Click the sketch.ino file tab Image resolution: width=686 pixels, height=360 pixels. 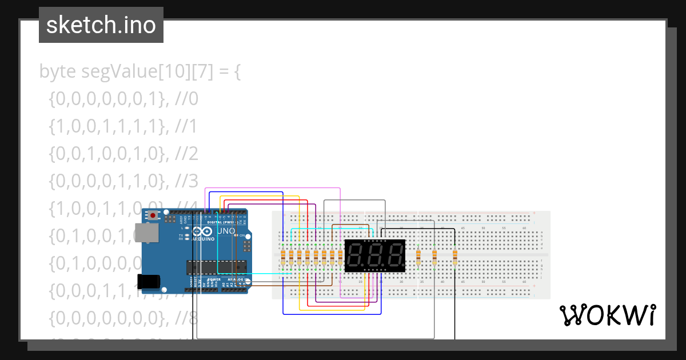(101, 25)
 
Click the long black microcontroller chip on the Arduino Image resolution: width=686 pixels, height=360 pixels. (216, 267)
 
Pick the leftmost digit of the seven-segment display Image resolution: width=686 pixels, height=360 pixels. (356, 255)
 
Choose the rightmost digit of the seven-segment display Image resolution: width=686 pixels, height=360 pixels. (394, 255)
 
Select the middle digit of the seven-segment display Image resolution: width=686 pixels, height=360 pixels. (375, 255)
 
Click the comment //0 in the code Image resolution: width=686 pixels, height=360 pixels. (186, 99)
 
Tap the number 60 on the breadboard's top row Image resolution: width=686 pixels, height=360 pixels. (524, 228)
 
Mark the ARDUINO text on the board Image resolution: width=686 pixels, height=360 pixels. (204, 239)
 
